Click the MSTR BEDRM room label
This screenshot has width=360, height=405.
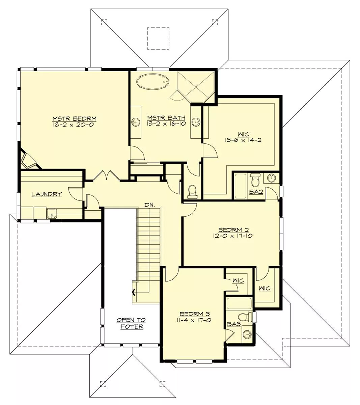pos(74,118)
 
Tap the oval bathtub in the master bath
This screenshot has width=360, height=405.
pos(153,82)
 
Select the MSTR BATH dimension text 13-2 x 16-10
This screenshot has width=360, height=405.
pos(166,124)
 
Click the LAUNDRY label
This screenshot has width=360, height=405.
pos(47,194)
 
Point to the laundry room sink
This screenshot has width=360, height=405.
pos(52,214)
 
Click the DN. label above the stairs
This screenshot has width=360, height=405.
pos(150,205)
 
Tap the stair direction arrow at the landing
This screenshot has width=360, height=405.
pos(134,293)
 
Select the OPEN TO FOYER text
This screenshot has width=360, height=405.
pos(131,323)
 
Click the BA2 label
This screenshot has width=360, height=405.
pos(256,192)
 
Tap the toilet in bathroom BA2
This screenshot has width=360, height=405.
pos(255,180)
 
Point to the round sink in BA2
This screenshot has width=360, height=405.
pos(271,178)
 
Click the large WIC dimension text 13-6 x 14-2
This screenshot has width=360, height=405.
pos(243,140)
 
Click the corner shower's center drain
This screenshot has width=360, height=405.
pos(196,87)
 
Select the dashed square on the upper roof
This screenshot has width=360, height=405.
pos(158,38)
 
